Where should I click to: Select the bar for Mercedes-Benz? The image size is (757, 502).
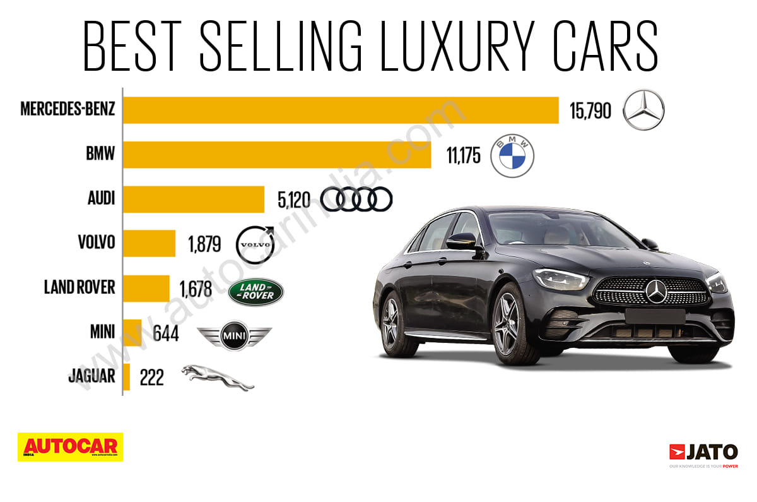341,110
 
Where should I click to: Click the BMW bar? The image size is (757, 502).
277,154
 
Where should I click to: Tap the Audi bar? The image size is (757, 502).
194,199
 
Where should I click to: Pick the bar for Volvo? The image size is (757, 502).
150,243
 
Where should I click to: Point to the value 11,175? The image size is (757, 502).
464,156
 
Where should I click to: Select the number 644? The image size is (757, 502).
166,333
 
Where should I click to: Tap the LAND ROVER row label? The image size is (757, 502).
79,287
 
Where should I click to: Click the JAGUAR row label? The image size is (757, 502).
91,376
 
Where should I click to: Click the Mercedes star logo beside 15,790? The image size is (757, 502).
643,111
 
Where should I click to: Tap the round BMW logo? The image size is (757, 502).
512,155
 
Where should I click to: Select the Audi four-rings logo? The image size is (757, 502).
356,200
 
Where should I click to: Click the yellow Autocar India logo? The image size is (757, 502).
70,446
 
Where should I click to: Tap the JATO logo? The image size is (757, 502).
703,453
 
